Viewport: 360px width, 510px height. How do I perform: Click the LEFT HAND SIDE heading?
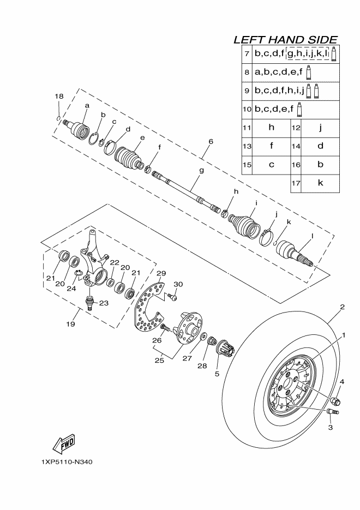(x=285, y=40)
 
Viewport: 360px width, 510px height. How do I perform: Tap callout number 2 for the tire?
(x=342, y=307)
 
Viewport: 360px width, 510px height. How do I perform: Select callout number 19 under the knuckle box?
(x=70, y=325)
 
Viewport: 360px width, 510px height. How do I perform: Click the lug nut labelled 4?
(x=335, y=401)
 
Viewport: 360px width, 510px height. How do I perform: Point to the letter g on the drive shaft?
(x=201, y=171)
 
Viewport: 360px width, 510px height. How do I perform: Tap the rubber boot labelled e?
(x=130, y=158)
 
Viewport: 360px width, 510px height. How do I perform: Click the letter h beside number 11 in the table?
(x=271, y=128)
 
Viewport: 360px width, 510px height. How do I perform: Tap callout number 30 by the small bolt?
(x=178, y=284)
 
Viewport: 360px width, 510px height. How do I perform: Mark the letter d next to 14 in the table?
(x=320, y=146)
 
